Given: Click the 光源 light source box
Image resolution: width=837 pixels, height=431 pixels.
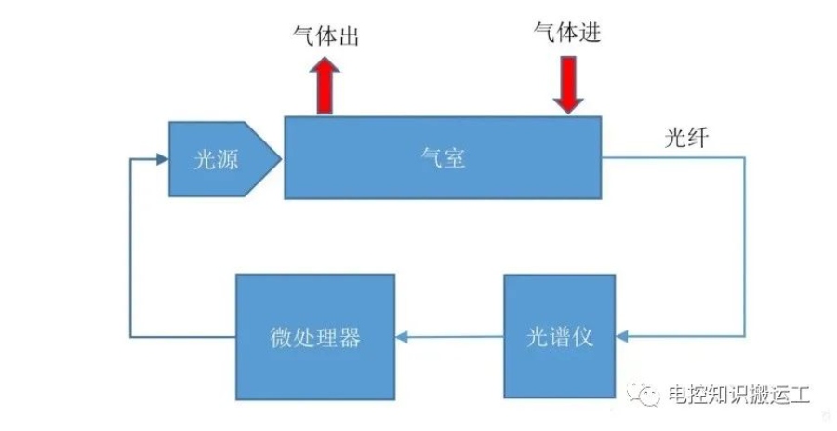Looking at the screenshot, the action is pyautogui.click(x=219, y=159).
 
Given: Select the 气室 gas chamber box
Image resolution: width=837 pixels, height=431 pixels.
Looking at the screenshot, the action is pyautogui.click(x=443, y=157).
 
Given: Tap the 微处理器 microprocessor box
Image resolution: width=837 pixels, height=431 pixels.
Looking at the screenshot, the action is pyautogui.click(x=315, y=337).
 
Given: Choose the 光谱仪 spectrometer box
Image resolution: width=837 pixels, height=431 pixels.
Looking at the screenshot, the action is pyautogui.click(x=560, y=336).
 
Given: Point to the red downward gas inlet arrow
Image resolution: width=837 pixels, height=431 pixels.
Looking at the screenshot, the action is pyautogui.click(x=568, y=85).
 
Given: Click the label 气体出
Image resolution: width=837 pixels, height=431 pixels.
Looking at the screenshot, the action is pyautogui.click(x=325, y=35).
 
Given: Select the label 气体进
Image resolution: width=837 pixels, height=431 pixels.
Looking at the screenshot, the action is pyautogui.click(x=567, y=32).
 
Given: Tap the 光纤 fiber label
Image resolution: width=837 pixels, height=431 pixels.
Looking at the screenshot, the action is pyautogui.click(x=686, y=138).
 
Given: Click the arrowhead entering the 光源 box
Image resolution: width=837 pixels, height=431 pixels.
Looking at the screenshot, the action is pyautogui.click(x=163, y=158).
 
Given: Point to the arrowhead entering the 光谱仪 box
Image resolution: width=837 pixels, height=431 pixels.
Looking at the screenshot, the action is pyautogui.click(x=622, y=336).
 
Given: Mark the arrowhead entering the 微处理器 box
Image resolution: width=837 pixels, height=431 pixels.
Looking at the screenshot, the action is pyautogui.click(x=402, y=337).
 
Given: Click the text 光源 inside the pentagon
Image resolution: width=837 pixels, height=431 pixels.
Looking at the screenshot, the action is pyautogui.click(x=216, y=159).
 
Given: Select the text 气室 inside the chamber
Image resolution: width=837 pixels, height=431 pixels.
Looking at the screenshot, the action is pyautogui.click(x=443, y=158).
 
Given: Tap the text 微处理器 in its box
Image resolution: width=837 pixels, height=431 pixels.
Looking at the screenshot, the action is pyautogui.click(x=315, y=338).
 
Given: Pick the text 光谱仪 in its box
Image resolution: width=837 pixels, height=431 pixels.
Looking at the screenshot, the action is pyautogui.click(x=560, y=337).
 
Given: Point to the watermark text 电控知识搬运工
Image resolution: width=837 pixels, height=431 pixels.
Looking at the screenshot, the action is pyautogui.click(x=738, y=395).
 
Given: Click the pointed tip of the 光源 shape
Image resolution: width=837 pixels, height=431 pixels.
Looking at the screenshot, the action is pyautogui.click(x=281, y=158).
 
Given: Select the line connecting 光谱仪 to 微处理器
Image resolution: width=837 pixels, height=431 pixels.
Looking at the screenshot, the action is pyautogui.click(x=449, y=337).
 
